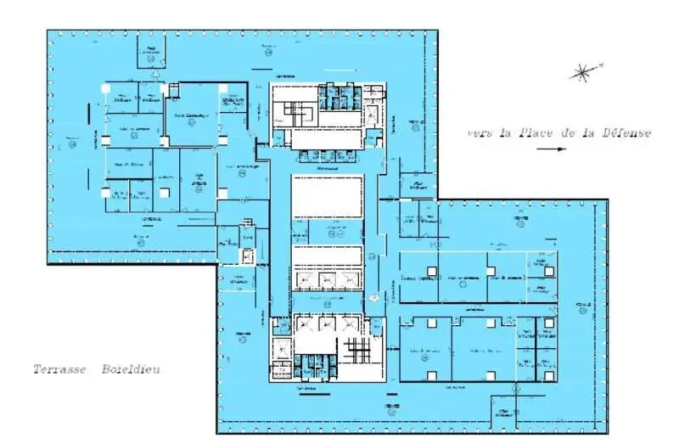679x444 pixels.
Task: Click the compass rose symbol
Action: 583,72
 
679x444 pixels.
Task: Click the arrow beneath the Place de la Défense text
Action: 551,149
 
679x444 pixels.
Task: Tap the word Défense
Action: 626,132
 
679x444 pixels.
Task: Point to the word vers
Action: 480,132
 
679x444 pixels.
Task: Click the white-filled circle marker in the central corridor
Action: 373,297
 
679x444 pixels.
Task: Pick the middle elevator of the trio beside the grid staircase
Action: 327,323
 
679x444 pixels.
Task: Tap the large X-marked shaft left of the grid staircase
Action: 280,348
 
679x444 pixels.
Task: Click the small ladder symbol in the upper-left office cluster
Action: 175,91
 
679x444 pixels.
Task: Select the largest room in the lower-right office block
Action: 483,350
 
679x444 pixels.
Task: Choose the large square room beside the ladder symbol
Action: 193,116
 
